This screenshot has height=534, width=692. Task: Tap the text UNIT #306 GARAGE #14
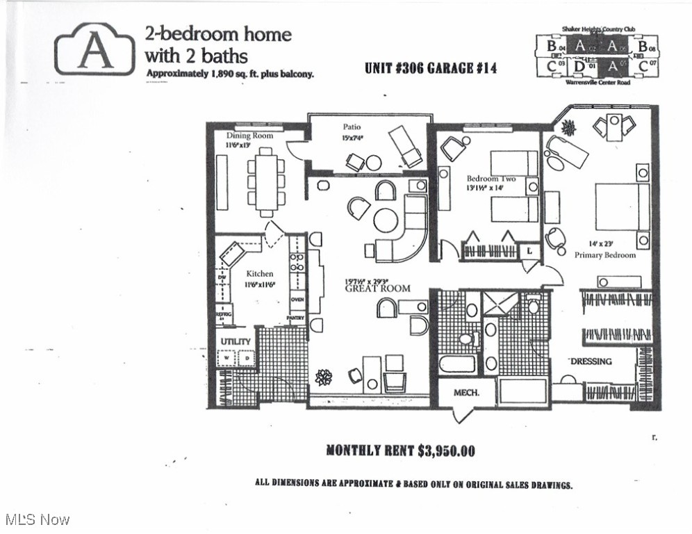tap(430, 68)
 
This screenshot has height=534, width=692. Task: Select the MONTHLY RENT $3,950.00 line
tap(400, 451)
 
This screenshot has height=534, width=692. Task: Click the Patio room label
tap(352, 127)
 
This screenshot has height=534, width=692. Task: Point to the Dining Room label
tap(249, 136)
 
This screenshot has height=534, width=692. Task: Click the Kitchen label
tap(260, 274)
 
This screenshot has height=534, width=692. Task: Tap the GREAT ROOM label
tap(378, 288)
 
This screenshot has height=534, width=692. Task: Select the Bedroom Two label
tap(491, 179)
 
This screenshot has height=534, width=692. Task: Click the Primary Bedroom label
tap(604, 255)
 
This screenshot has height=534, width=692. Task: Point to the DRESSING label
tap(591, 361)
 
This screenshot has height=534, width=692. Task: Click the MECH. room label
tap(466, 393)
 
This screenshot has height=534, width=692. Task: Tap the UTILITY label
tap(236, 342)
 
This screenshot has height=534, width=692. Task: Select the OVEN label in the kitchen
tap(297, 300)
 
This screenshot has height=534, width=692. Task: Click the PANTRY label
tap(297, 317)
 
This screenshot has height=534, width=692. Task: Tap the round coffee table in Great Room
tap(386, 220)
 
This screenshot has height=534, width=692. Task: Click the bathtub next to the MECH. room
tap(458, 364)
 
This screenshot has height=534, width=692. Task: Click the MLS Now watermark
tap(38, 519)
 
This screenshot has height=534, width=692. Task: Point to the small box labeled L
tap(530, 250)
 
